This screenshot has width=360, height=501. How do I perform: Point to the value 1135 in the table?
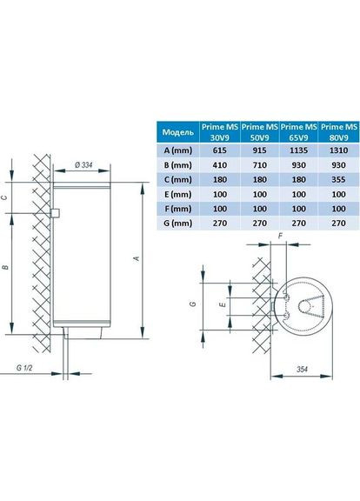[x=297, y=150]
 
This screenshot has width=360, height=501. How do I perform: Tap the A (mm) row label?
[x=178, y=150]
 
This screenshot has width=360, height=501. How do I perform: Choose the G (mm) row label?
[x=178, y=224]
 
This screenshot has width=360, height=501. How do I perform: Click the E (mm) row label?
[x=178, y=195]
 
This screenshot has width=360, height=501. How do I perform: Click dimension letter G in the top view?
[x=197, y=306]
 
